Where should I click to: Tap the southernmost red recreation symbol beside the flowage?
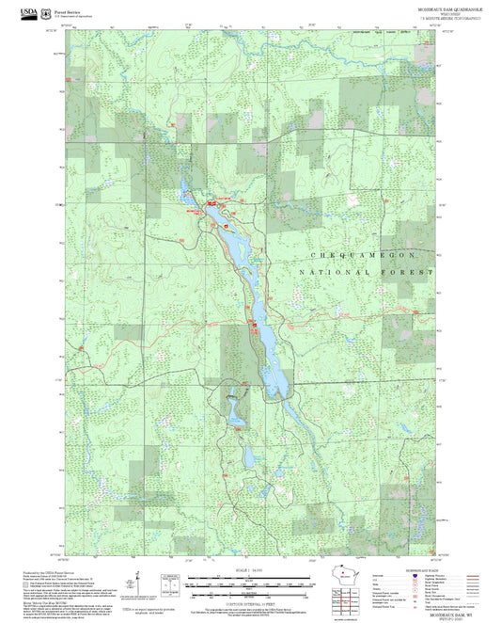tap(255, 327)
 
